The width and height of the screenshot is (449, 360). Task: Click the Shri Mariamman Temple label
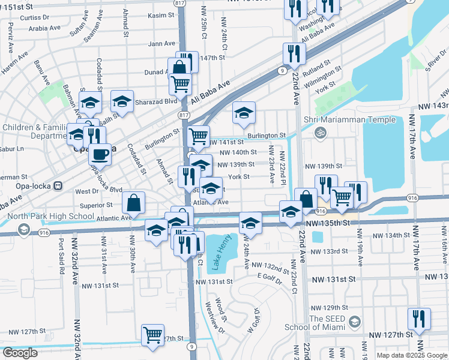tap(354, 119)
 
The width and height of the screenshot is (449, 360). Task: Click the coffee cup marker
tap(100, 154)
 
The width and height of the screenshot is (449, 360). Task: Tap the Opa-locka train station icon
tap(59, 185)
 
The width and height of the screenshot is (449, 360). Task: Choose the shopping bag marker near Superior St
tap(133, 203)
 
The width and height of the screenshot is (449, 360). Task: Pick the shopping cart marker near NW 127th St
tap(152, 335)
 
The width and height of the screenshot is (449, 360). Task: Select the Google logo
tap(20, 353)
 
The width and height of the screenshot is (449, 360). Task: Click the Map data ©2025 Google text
tap(412, 355)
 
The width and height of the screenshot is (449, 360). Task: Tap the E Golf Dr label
tap(273, 277)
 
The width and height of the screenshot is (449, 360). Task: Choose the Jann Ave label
tap(161, 44)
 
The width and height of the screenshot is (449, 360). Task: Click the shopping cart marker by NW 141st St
tap(198, 136)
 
